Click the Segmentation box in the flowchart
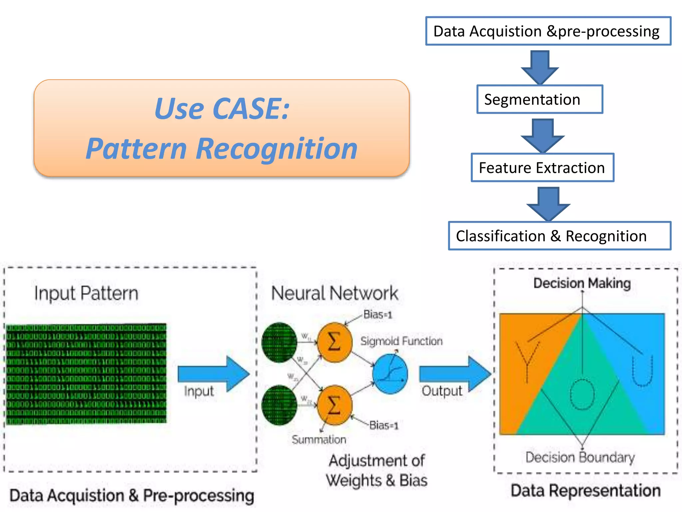(x=539, y=99)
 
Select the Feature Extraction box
(x=542, y=168)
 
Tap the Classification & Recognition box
(x=559, y=236)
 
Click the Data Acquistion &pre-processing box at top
(x=548, y=31)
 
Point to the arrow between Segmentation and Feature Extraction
(x=543, y=135)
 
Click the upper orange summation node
(x=334, y=342)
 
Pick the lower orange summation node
(x=334, y=405)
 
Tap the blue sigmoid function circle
(x=390, y=374)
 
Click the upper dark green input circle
(x=279, y=342)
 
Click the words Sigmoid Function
(x=401, y=341)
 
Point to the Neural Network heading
(x=334, y=293)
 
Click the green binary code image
(x=86, y=374)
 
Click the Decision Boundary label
(x=580, y=457)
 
